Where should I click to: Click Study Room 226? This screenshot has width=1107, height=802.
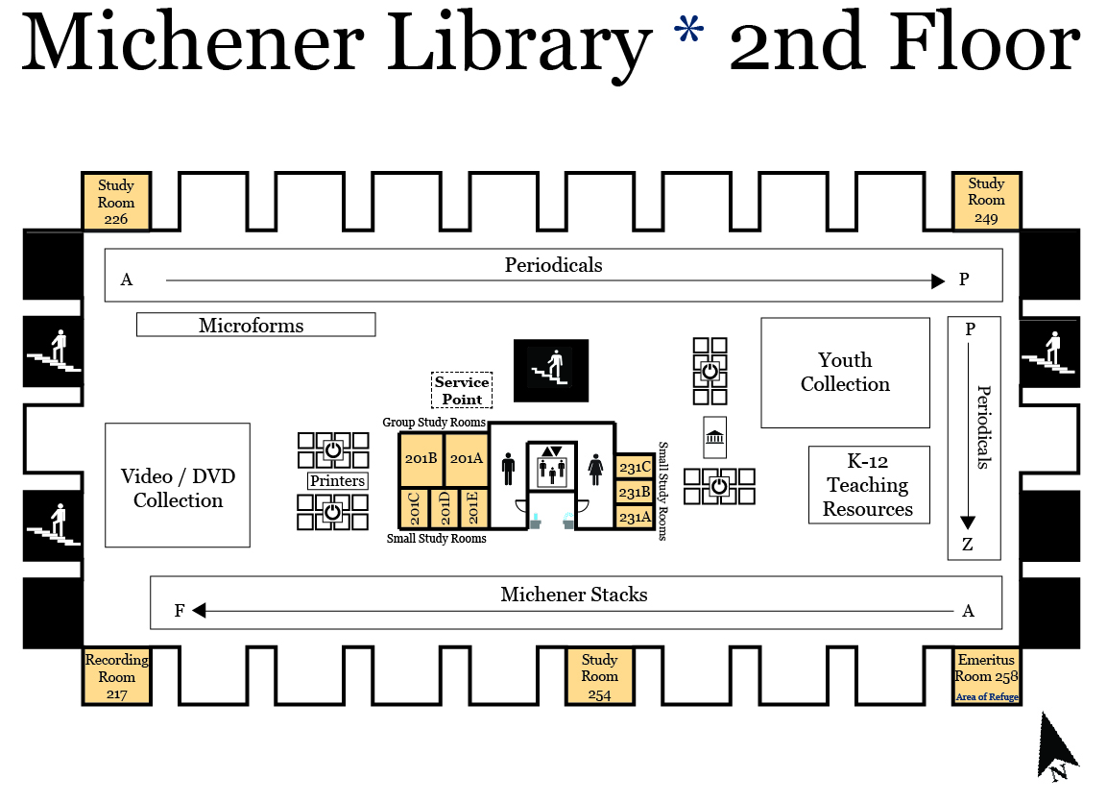coord(116,203)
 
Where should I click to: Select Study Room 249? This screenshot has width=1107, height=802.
coord(986,201)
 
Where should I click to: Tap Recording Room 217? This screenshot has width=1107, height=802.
coord(116,676)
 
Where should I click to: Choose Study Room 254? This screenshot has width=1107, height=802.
coord(599,676)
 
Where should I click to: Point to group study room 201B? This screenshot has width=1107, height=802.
coord(421,459)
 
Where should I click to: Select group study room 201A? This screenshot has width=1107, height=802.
coord(466,459)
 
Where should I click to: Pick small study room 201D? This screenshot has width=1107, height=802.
coord(445,507)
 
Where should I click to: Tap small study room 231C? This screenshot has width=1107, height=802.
coord(635,467)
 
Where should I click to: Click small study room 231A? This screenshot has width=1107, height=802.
coord(635,517)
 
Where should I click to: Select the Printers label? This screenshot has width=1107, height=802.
coord(337,480)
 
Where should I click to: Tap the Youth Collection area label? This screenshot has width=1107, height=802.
coord(845,373)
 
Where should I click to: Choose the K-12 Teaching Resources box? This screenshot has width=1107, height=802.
coord(868,485)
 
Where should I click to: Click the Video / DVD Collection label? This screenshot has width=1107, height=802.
coord(178,488)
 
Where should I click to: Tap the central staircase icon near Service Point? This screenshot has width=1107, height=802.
coord(551,370)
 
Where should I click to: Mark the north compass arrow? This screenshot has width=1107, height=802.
coord(1057,744)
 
